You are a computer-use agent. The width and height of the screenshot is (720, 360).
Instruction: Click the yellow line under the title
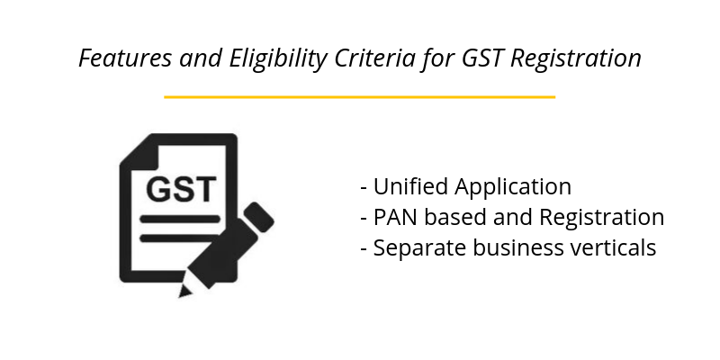(360, 96)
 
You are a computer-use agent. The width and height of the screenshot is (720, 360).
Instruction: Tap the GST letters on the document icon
(181, 189)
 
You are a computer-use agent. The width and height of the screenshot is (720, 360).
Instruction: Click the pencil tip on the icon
(186, 291)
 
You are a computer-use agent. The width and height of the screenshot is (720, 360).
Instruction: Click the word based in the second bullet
(449, 218)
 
